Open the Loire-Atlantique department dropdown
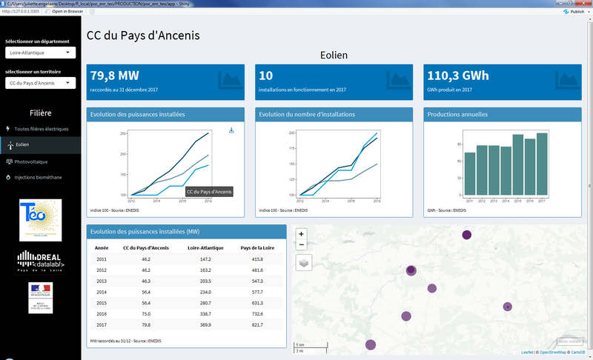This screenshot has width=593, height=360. pyautogui.click(x=39, y=53)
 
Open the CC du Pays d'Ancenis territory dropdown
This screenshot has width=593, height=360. pyautogui.click(x=39, y=83)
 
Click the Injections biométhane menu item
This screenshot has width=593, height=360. pyautogui.click(x=39, y=177)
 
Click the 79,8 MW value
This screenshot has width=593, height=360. pyautogui.click(x=114, y=76)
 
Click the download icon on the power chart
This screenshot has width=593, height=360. pyautogui.click(x=231, y=130)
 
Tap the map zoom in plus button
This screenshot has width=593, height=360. pyautogui.click(x=301, y=234)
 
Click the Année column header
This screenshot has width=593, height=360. pyautogui.click(x=102, y=247)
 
